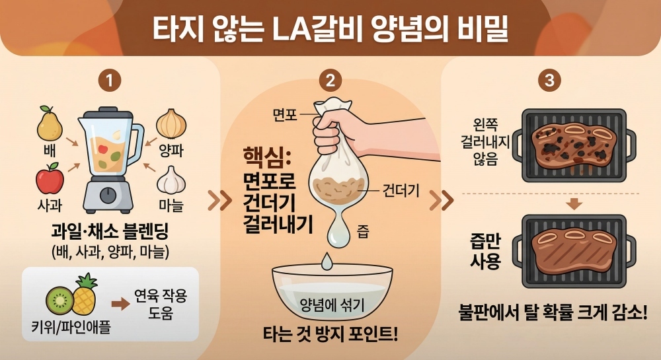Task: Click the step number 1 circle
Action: tap(110, 80)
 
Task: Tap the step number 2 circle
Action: tap(330, 80)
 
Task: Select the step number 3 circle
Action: tap(549, 80)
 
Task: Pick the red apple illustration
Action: tap(50, 178)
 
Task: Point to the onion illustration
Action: tap(171, 124)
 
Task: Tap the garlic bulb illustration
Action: tap(171, 180)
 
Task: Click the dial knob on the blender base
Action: tap(108, 195)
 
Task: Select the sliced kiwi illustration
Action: tap(59, 300)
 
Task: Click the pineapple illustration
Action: tap(85, 295)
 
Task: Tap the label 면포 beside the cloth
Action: tap(285, 114)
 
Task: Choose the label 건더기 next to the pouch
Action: tap(401, 191)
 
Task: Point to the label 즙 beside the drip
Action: tap(363, 232)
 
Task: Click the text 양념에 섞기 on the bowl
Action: tap(332, 305)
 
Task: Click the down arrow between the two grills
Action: tap(574, 204)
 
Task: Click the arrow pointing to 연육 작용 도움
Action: tap(120, 304)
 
